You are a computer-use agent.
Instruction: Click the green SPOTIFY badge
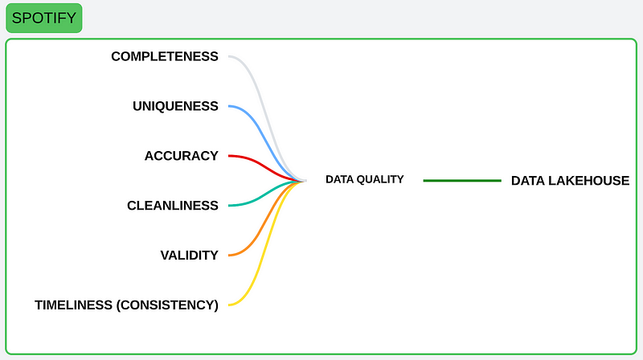(x=44, y=18)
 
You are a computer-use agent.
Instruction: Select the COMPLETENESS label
(x=165, y=56)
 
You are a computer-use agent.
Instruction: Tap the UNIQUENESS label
(x=175, y=106)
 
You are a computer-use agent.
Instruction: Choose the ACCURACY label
(x=182, y=156)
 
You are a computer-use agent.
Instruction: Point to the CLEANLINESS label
(x=173, y=206)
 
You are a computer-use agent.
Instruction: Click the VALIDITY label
(x=190, y=256)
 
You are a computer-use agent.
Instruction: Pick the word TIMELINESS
(x=73, y=305)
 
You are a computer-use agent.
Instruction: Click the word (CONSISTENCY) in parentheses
(x=167, y=305)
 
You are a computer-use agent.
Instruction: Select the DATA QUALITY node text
(x=365, y=179)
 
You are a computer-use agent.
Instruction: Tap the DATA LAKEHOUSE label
(x=570, y=181)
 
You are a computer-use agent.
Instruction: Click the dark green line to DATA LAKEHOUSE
(x=462, y=181)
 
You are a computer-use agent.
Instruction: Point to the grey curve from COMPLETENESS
(x=267, y=119)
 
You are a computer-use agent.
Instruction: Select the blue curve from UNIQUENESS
(x=267, y=144)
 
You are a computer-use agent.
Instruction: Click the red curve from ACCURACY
(x=267, y=168)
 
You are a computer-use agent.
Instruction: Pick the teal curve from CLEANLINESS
(x=267, y=193)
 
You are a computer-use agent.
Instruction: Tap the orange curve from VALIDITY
(x=267, y=218)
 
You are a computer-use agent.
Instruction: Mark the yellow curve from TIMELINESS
(x=267, y=243)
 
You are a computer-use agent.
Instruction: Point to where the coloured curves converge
(x=305, y=181)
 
